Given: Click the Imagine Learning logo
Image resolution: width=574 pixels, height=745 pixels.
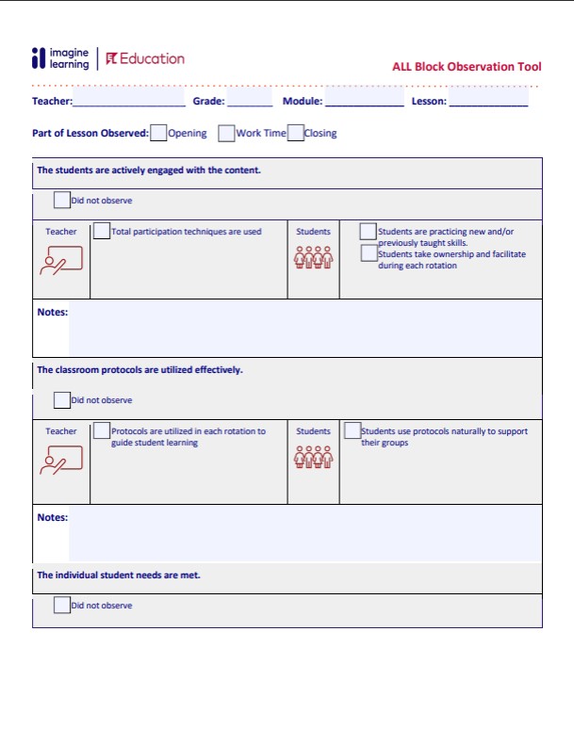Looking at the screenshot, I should (x=60, y=58).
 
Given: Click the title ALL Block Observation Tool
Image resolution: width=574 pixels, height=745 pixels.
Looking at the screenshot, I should (x=467, y=67).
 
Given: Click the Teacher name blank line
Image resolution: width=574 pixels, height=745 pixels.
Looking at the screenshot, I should (x=128, y=101).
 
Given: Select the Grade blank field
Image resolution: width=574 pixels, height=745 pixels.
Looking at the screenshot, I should (x=250, y=101).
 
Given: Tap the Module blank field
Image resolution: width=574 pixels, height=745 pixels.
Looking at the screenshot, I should (x=364, y=101).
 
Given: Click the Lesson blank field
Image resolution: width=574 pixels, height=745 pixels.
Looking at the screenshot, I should (x=488, y=101).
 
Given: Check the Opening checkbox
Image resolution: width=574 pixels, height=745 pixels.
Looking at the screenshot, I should (x=158, y=133).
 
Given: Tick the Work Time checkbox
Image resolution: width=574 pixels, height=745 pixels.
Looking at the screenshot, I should (x=226, y=133).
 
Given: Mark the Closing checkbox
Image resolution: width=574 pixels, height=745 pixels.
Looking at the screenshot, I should (x=295, y=133).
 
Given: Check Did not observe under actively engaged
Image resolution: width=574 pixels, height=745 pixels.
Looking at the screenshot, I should (x=62, y=200).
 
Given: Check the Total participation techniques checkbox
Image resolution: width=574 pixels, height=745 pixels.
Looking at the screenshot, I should (x=102, y=231).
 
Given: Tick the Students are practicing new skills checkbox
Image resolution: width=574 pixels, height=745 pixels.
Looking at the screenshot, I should (x=369, y=231).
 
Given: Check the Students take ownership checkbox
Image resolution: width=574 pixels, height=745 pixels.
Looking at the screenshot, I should (x=369, y=252).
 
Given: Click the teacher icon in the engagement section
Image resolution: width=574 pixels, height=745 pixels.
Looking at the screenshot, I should (x=61, y=260).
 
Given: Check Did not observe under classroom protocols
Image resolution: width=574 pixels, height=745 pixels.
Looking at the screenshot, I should (x=62, y=399).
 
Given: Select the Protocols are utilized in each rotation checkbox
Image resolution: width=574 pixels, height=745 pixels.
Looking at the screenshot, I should (x=102, y=430).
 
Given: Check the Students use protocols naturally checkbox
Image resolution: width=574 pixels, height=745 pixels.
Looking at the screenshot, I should (x=353, y=430).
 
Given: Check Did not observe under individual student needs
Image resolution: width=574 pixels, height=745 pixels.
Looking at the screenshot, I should (x=62, y=605).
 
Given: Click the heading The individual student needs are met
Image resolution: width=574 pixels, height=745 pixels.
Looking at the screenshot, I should (x=119, y=575).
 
